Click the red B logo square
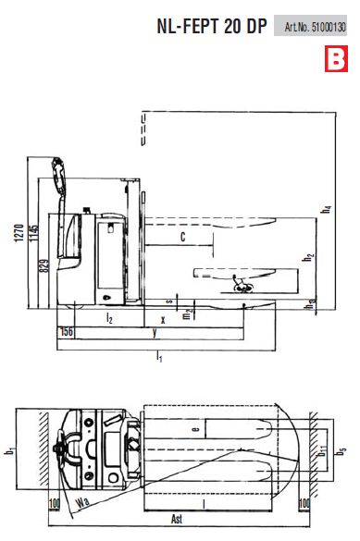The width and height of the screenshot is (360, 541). pos(336,58)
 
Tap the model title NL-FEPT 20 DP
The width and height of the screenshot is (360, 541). pos(212,26)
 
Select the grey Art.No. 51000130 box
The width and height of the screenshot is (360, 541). pos(310,26)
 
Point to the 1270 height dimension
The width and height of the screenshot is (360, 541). pos(19,232)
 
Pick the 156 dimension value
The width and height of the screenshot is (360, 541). pos(67,332)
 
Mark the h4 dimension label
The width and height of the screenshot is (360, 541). pos(326,209)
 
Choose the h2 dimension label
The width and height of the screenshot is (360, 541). pos(308,257)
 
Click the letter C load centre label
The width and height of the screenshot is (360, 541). pos(183,237)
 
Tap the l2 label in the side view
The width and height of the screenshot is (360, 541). pos(109,318)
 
